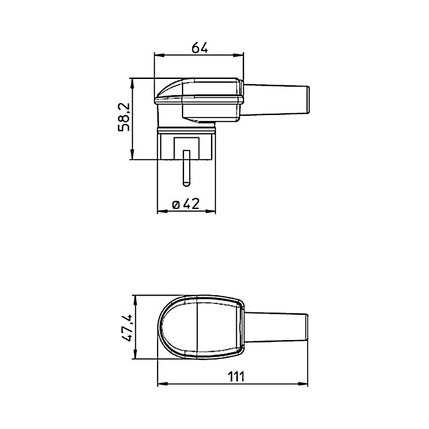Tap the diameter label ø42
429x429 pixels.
pyautogui.click(x=186, y=204)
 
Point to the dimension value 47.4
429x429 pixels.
pyautogui.click(x=127, y=327)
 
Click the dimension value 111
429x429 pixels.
pyautogui.click(x=235, y=377)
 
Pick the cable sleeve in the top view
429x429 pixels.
pyautogui.click(x=277, y=327)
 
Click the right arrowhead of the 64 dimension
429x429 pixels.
pyautogui.click(x=239, y=55)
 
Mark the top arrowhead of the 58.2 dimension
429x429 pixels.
pyautogui.click(x=133, y=83)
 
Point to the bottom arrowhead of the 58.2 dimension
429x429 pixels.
pyautogui.click(x=133, y=155)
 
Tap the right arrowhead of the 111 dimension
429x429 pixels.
pyautogui.click(x=303, y=384)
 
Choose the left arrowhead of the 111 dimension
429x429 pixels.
pyautogui.click(x=163, y=384)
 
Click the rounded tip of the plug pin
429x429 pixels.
pyautogui.click(x=186, y=184)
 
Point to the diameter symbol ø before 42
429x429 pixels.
pyautogui.click(x=176, y=205)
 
